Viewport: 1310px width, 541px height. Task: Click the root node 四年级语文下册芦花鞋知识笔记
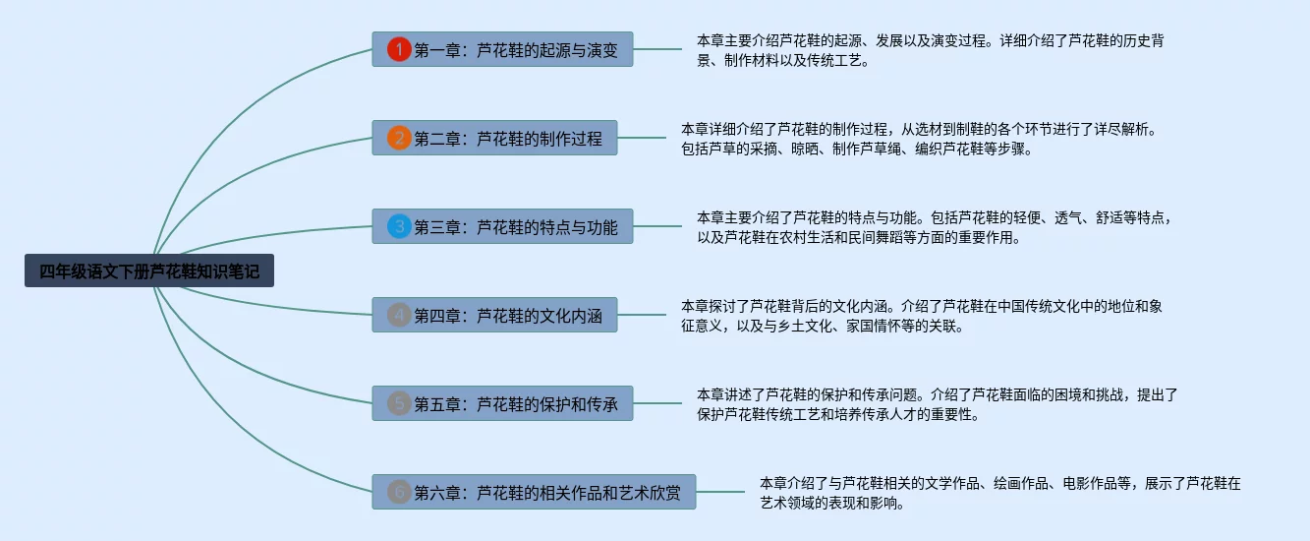point(149,271)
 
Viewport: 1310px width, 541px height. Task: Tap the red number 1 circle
point(399,49)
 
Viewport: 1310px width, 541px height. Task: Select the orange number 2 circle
point(399,138)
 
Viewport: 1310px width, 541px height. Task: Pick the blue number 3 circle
point(399,226)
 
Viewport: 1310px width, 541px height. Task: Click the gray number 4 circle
point(399,315)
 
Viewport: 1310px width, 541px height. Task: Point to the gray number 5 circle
point(399,403)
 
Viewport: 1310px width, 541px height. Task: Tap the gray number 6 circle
point(399,492)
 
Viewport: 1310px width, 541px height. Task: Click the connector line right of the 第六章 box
point(720,492)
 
